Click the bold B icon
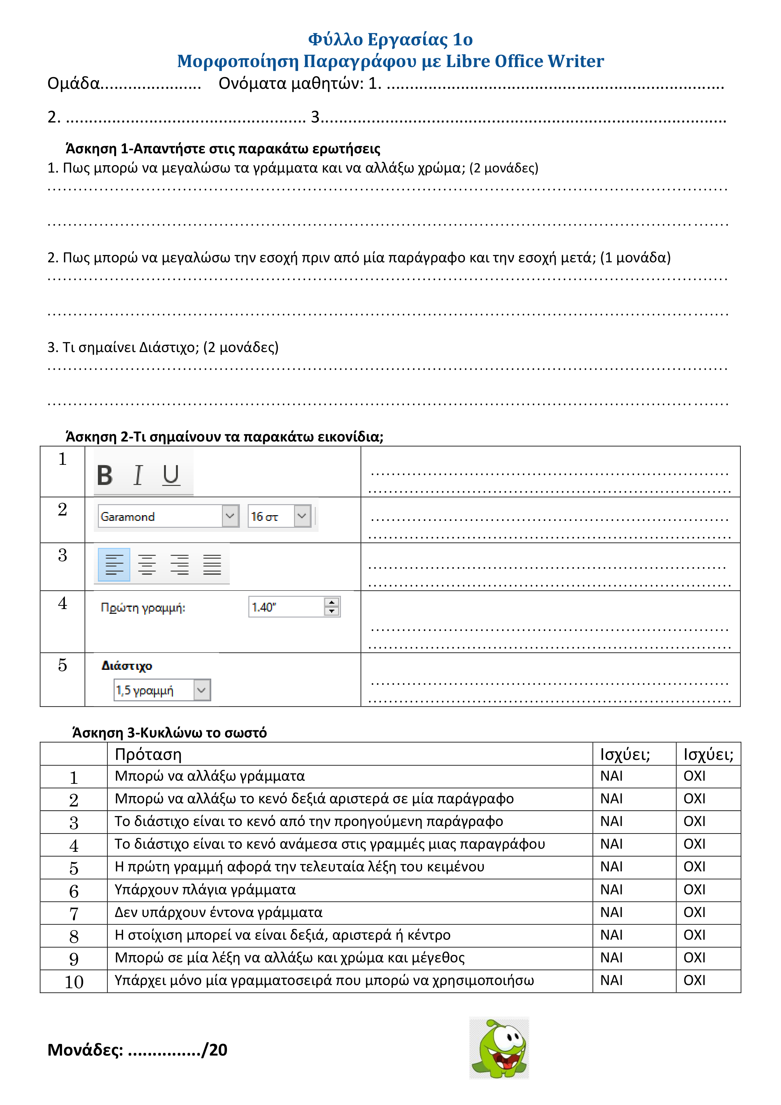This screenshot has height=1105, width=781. tap(105, 476)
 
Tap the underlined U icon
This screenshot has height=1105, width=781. tap(171, 476)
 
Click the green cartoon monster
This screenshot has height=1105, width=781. tap(499, 1048)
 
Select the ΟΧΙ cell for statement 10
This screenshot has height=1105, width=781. tap(694, 980)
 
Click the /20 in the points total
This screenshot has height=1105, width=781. tap(215, 1050)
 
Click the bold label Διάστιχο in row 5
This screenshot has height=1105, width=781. tap(127, 666)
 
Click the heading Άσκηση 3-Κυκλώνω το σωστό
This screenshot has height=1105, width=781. tap(169, 732)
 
